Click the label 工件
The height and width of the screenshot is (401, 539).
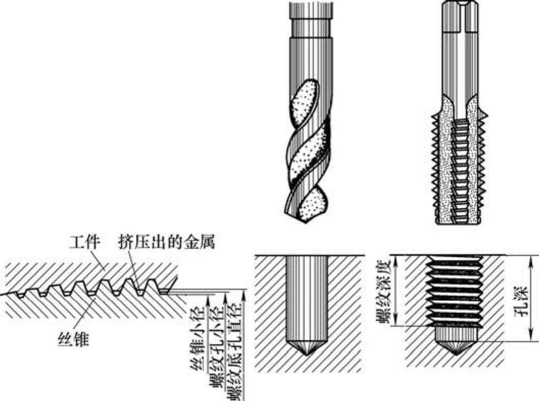[85, 242]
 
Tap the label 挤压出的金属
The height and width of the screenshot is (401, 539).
[167, 242]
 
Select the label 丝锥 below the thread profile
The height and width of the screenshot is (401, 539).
[73, 339]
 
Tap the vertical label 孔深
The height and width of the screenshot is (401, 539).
[523, 299]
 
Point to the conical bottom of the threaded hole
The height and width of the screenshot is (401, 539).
[456, 348]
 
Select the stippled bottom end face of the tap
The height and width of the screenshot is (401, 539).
[456, 221]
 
